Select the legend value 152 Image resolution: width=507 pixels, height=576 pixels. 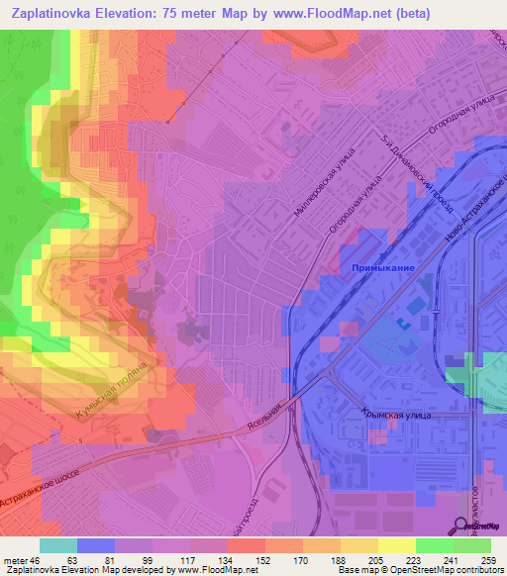[264, 559]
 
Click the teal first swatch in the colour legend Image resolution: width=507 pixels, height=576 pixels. [57, 545]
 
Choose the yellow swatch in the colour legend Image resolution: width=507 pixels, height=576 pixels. [397, 545]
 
